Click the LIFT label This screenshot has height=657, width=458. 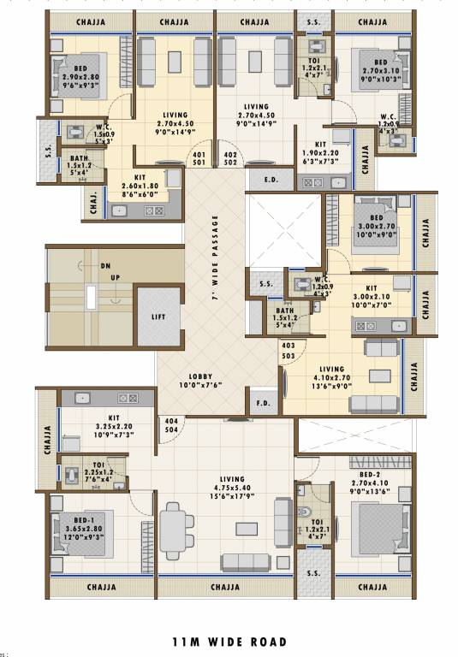click(158, 317)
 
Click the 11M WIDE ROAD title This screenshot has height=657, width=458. click(229, 642)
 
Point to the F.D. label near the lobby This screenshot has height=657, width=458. click(262, 402)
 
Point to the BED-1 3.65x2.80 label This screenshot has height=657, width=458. click(83, 511)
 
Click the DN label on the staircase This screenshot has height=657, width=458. click(105, 266)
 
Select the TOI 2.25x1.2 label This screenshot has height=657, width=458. click(99, 469)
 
